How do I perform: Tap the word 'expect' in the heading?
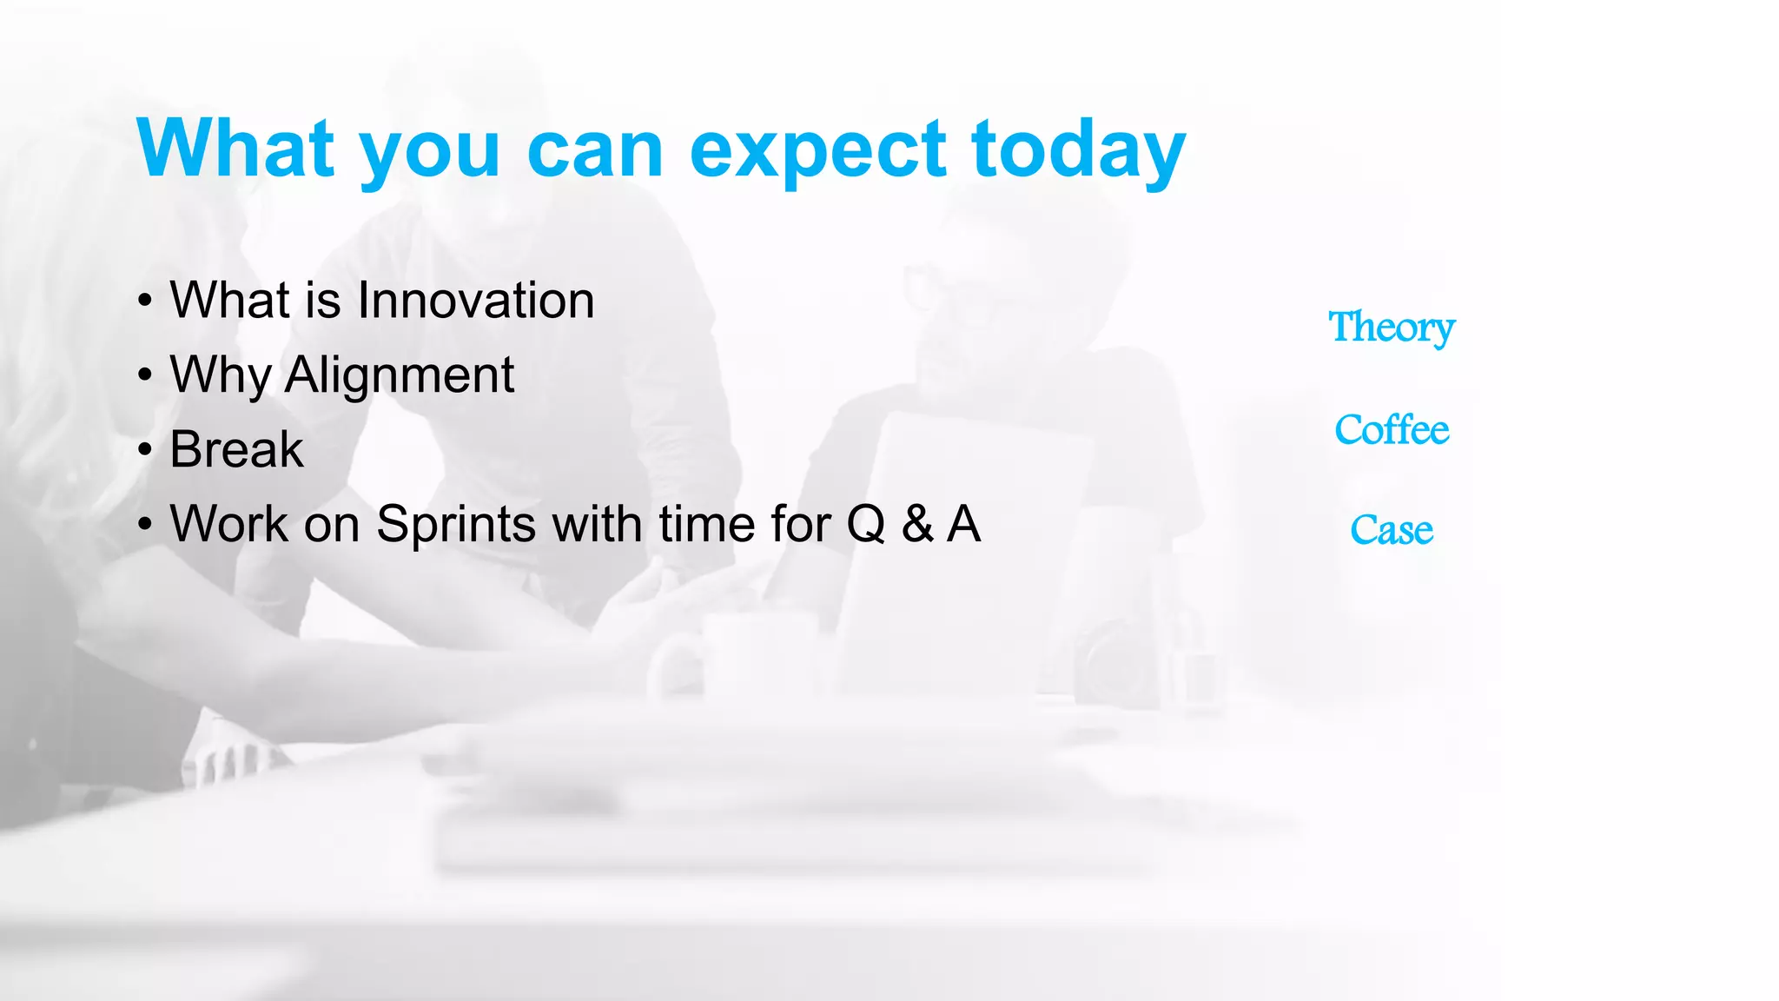817,152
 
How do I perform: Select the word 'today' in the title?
1078,152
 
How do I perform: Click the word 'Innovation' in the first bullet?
475,301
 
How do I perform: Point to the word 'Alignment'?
399,375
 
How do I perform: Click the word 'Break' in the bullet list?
236,450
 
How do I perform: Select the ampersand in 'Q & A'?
917,525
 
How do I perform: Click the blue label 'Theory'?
1391,328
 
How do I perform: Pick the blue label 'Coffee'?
1391,430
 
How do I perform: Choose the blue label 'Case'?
1391,531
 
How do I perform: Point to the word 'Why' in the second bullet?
221,375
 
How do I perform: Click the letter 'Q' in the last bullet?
865,525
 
